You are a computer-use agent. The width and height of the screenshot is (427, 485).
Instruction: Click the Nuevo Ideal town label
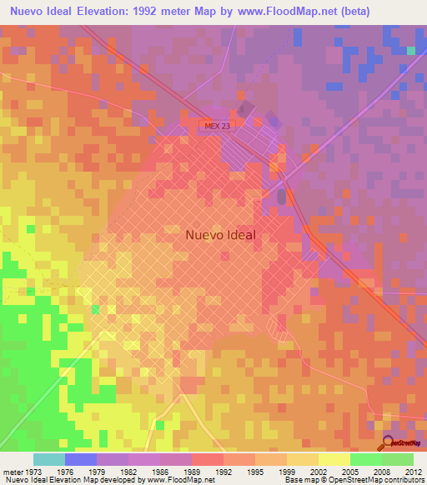(219, 235)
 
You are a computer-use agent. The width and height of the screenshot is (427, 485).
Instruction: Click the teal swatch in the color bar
(48, 459)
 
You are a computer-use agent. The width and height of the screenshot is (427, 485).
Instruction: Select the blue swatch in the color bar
(80, 459)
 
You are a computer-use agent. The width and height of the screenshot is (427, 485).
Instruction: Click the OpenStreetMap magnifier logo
(387, 442)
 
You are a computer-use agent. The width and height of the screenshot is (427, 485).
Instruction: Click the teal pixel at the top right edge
(411, 51)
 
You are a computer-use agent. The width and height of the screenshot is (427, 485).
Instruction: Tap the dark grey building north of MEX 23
(244, 108)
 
